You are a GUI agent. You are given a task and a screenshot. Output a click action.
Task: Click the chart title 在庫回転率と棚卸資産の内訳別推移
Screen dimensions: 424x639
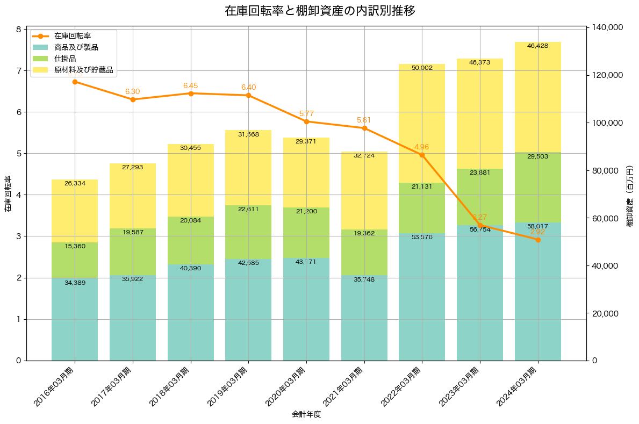[320, 11]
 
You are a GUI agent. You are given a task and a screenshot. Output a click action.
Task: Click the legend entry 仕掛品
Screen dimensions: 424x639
[65, 58]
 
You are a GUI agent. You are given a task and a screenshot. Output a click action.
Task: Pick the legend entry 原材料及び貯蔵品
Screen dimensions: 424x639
[83, 69]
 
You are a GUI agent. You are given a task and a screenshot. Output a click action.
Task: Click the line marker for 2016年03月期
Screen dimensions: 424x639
[75, 82]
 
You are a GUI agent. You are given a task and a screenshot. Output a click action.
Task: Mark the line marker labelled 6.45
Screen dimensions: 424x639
[191, 94]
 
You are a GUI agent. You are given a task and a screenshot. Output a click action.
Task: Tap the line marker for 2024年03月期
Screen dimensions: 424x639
[538, 240]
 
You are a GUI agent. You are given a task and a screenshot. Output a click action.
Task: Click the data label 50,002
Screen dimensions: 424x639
[422, 68]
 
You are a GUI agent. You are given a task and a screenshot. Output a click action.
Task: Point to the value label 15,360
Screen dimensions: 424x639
[75, 246]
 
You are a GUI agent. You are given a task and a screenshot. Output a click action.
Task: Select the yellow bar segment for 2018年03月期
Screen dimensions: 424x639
[191, 180]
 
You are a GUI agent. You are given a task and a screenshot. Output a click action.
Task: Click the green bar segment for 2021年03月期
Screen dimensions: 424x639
[364, 252]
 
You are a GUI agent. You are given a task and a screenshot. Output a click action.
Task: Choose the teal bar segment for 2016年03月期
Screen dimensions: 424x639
[75, 319]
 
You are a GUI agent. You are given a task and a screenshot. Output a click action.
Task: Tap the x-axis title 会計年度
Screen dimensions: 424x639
[306, 414]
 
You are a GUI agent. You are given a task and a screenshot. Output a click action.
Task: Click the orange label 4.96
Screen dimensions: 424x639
[422, 147]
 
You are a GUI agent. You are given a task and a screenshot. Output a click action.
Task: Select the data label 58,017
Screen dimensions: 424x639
[538, 227]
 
